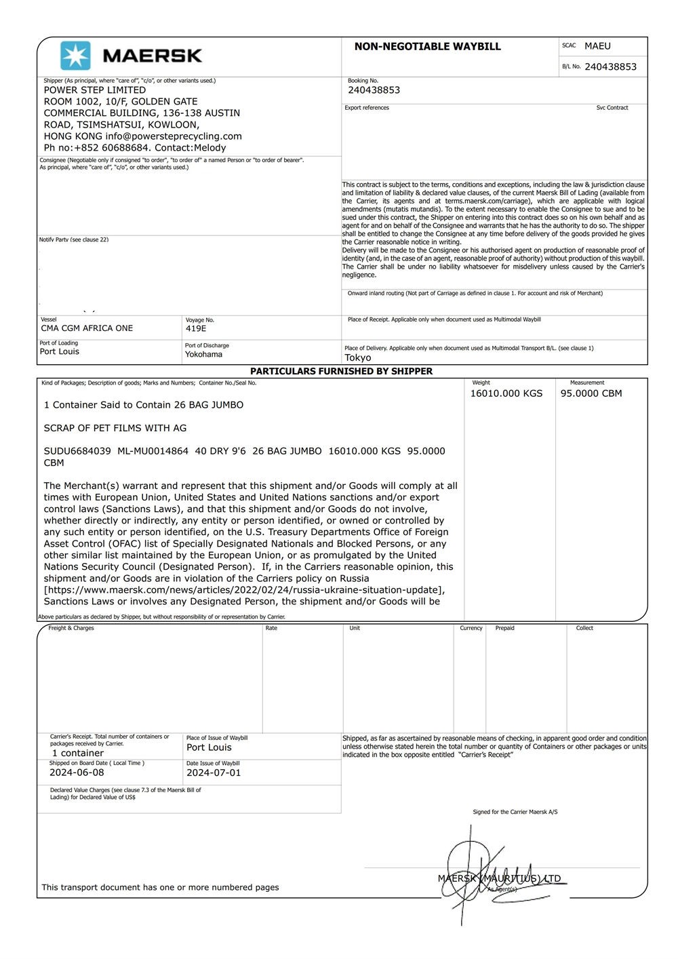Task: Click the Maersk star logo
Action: click(x=75, y=56)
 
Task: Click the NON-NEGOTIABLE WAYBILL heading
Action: click(x=427, y=47)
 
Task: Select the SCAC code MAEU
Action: click(x=597, y=46)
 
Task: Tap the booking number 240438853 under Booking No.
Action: click(x=374, y=90)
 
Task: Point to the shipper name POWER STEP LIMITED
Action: click(x=95, y=90)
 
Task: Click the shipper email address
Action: click(x=174, y=136)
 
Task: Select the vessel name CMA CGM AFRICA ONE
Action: click(x=87, y=328)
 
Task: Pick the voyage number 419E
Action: click(x=196, y=329)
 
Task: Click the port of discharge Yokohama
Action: click(x=203, y=354)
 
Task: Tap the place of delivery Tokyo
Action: click(x=358, y=357)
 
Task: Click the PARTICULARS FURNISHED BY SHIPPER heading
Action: click(x=341, y=371)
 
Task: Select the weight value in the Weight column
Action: click(x=506, y=393)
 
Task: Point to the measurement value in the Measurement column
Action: click(x=591, y=393)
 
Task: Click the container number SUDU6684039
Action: click(x=77, y=451)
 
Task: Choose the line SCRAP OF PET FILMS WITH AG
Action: click(x=115, y=428)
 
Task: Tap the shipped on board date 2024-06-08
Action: click(x=77, y=772)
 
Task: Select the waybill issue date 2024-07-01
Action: click(x=214, y=772)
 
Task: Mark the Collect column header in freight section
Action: click(x=584, y=628)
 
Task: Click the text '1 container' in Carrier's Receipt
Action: click(x=78, y=753)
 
